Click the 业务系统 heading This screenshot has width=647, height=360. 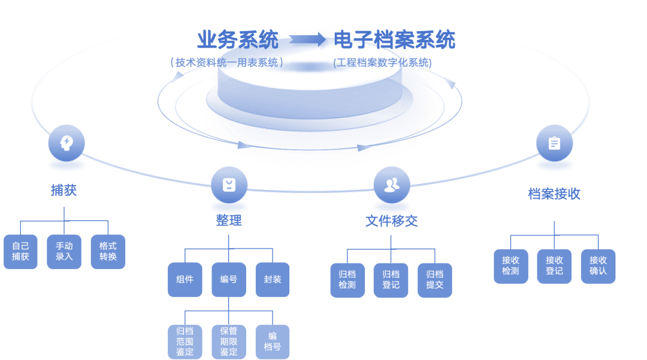238,40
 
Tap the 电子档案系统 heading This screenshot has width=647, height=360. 394,40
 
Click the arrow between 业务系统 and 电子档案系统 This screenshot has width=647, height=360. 307,40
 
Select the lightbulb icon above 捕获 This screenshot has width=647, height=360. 66,143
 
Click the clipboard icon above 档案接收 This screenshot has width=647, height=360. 554,143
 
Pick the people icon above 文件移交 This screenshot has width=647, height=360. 391,184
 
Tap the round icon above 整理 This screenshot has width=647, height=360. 228,184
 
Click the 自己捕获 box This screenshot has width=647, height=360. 20,252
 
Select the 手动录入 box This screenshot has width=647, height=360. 64,252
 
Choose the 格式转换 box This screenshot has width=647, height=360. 108,252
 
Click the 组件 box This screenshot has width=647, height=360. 185,279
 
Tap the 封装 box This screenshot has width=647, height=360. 272,279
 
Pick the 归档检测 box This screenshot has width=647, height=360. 347,280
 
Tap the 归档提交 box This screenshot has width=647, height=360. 434,280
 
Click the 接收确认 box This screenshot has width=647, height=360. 598,266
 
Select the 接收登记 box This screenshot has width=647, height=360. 554,266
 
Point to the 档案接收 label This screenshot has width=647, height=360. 554,194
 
